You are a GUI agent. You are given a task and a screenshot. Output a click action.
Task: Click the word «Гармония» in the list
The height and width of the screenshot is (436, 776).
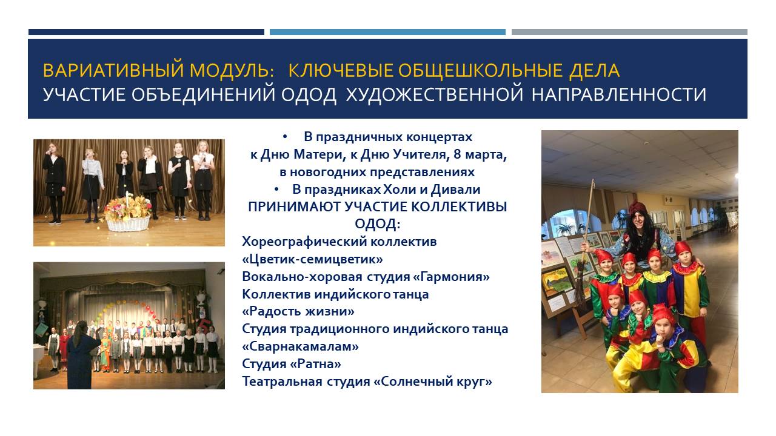coord(452,277)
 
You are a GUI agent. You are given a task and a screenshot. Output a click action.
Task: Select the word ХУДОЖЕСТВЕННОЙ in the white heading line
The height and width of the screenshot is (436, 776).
coord(435,95)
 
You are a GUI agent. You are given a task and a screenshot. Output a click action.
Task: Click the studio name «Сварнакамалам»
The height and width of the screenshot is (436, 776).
coord(300,346)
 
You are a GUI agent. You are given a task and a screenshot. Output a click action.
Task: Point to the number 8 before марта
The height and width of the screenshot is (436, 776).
coord(457,154)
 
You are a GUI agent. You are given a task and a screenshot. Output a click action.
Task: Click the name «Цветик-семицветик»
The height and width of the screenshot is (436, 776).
coord(312,259)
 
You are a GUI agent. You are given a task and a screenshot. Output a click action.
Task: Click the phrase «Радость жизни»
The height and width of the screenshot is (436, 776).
coord(298,311)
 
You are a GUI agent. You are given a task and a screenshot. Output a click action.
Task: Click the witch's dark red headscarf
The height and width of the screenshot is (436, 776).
coord(638,208)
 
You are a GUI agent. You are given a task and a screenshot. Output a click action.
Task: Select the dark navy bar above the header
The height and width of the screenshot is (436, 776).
coord(146,32)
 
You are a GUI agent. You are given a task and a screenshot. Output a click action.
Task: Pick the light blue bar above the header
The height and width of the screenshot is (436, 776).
coord(387,32)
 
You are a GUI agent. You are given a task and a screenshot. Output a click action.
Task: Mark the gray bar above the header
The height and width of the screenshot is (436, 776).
coord(629,32)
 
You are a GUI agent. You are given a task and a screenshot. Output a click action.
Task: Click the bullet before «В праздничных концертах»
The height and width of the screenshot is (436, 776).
coord(285,137)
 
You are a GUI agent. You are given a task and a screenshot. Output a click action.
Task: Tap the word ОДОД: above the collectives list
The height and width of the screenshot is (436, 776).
coord(378,224)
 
